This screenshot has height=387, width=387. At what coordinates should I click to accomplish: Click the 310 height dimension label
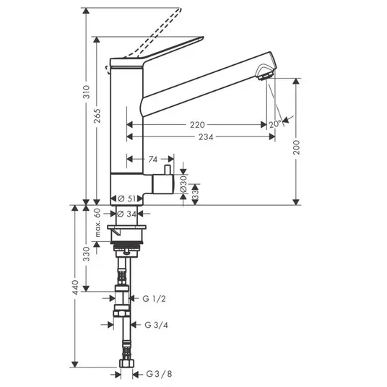pyautogui.click(x=87, y=92)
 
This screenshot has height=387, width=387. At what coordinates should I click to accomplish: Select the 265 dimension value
pyautogui.click(x=97, y=116)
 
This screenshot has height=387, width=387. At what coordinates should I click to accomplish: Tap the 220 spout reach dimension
pyautogui.click(x=197, y=125)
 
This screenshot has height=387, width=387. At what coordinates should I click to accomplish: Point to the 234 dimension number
pyautogui.click(x=206, y=137)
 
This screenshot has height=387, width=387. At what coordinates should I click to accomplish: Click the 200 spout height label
pyautogui.click(x=296, y=147)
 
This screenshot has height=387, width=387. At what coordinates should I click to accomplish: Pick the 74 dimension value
pyautogui.click(x=153, y=160)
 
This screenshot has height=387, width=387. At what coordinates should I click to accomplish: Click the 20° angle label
pyautogui.click(x=275, y=124)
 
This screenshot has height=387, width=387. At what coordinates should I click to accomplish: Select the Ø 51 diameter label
pyautogui.click(x=126, y=199)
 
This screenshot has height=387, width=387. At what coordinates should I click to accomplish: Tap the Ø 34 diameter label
pyautogui.click(x=127, y=214)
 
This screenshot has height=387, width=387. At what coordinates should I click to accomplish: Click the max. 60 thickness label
pyautogui.click(x=97, y=222)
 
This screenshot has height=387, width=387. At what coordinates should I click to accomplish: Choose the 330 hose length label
pyautogui.click(x=87, y=253)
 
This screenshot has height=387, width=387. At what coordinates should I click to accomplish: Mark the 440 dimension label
pyautogui.click(x=75, y=287)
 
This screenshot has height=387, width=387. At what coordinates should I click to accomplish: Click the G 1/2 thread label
pyautogui.click(x=154, y=299)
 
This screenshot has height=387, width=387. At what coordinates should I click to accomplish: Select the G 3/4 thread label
pyautogui.click(x=156, y=325)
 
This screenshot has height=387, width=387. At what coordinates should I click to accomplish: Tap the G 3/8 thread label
pyautogui.click(x=159, y=374)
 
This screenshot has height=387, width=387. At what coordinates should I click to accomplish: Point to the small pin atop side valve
pyautogui.click(x=168, y=170)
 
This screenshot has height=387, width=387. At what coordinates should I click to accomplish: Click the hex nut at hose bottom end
pyautogui.click(x=127, y=363)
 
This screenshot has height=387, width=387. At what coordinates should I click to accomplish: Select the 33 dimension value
pyautogui.click(x=195, y=195)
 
